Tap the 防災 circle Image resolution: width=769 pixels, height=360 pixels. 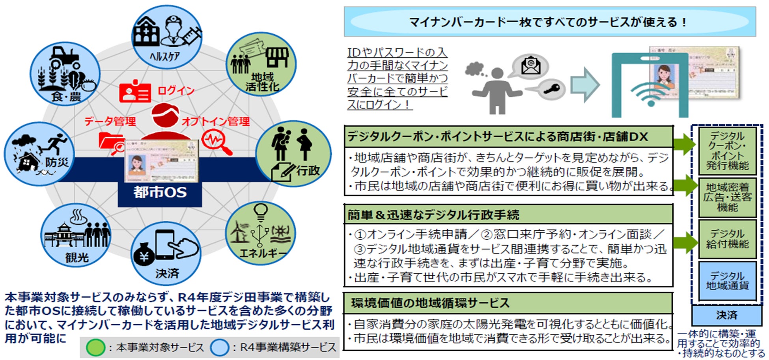[39, 154]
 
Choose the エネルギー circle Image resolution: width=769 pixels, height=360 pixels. [260, 233]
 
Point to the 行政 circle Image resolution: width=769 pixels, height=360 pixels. [293, 154]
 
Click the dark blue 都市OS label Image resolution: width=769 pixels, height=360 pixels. [160, 192]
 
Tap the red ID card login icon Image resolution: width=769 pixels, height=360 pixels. [135, 92]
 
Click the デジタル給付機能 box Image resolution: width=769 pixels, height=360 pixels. [727, 239]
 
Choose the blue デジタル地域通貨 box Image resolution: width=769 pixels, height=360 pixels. [727, 281]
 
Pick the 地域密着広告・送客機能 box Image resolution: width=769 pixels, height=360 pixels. [727, 197]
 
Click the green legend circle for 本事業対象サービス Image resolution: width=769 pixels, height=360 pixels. [95, 347]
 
